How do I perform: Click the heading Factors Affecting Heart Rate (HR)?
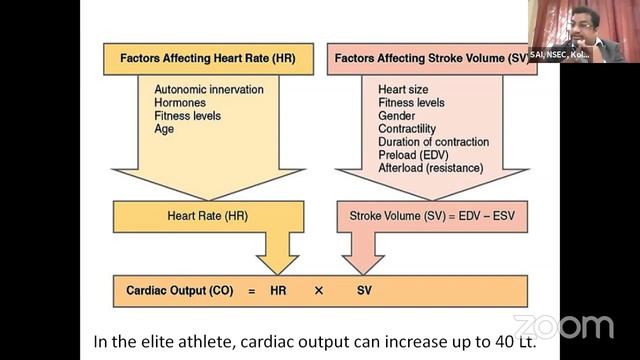coord(207,58)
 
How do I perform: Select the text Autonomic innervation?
coord(209,90)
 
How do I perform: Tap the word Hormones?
coord(180,103)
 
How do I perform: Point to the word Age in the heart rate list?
coord(164,129)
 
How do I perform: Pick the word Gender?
coord(398,116)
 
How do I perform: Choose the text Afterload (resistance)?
coord(430,168)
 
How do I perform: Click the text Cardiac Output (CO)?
coord(180,290)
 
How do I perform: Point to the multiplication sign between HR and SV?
coord(320,290)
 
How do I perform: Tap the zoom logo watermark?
coord(563,327)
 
